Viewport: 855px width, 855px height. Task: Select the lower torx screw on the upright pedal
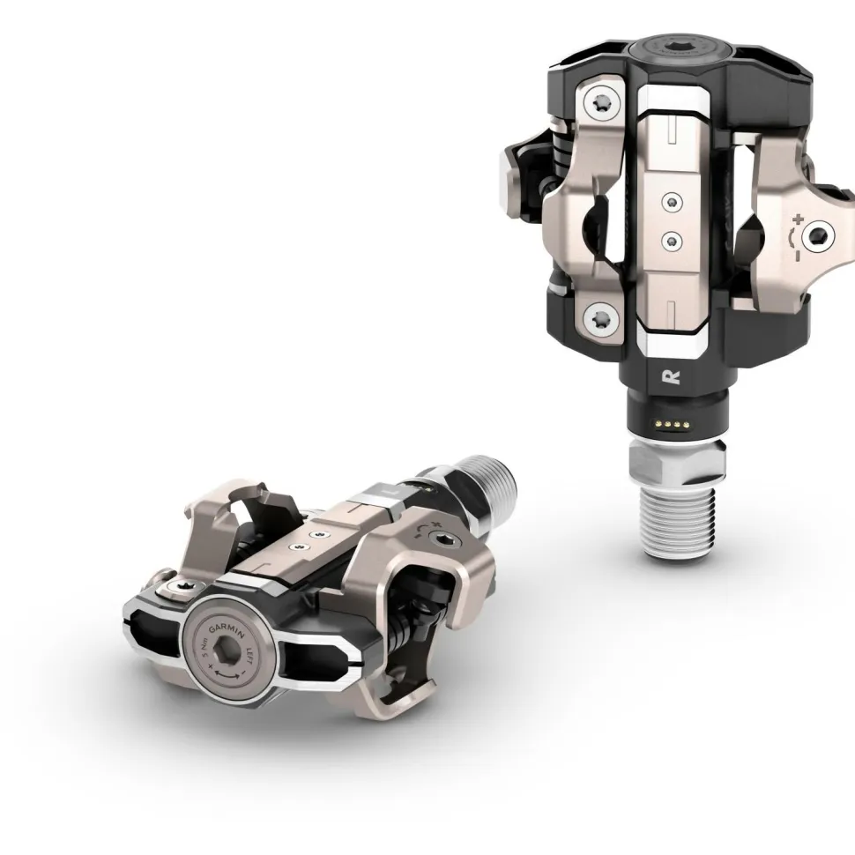[602, 315]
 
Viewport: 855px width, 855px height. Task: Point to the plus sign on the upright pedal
[798, 218]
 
